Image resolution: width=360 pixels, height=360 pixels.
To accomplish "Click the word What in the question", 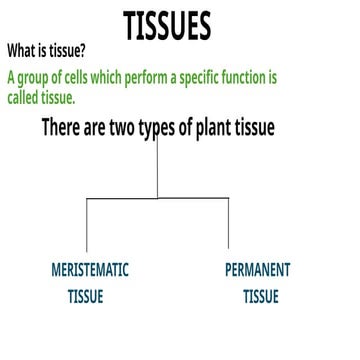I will tap(22, 51).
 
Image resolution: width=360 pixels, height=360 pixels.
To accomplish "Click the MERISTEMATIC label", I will tap(89, 270).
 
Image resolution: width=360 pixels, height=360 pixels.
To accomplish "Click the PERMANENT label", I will tap(257, 270).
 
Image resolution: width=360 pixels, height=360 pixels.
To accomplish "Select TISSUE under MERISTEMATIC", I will tap(86, 297).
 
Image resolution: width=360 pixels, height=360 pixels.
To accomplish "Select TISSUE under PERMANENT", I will tap(260, 297).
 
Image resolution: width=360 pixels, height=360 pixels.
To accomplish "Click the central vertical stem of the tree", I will tap(158, 170).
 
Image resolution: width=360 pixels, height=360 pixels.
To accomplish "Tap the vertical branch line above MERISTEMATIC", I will tap(86, 225).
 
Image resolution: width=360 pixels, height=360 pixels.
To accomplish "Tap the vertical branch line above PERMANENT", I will tap(228, 225).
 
